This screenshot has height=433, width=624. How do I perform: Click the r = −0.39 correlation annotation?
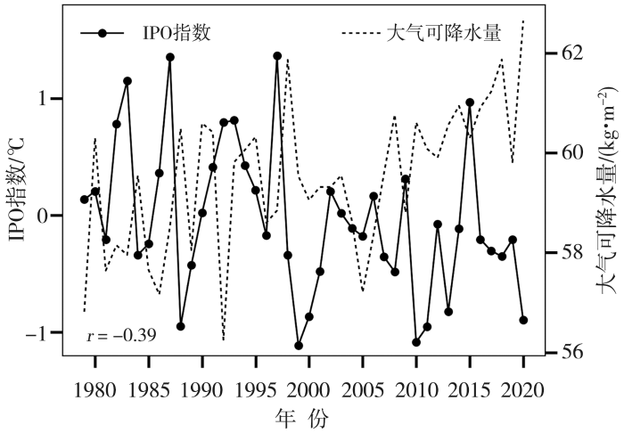[121, 336]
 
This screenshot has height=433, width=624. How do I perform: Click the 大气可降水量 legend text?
[443, 34]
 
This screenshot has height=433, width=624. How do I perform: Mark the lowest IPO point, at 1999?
[299, 346]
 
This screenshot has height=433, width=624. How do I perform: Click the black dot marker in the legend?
[104, 34]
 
